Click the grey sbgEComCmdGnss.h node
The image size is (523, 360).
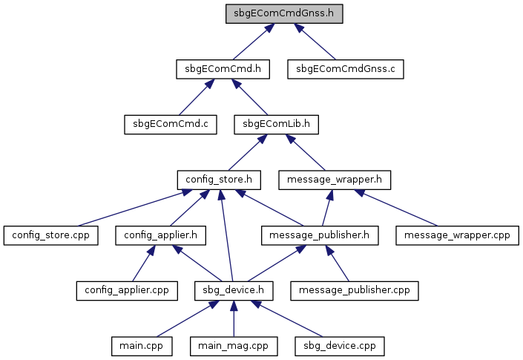[x=284, y=13]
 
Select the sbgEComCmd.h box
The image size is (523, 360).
[x=223, y=69]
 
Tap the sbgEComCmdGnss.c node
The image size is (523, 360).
[x=346, y=69]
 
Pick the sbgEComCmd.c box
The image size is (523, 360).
[x=171, y=125]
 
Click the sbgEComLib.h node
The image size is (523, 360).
[x=276, y=125]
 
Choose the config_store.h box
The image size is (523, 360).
[x=219, y=180]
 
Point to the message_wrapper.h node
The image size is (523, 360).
[x=335, y=180]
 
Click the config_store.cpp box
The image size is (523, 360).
[x=50, y=235]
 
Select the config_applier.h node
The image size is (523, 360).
[x=160, y=235]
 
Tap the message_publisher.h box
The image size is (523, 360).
[x=320, y=235]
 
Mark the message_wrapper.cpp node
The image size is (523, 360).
[x=457, y=235]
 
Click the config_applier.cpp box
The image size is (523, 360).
[x=127, y=291]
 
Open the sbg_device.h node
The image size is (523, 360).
[x=234, y=291]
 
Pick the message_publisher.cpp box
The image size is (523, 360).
[x=354, y=291]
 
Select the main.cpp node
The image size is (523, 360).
[x=142, y=346]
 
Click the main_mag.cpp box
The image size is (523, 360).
[x=234, y=346]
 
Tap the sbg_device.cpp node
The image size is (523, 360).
[x=340, y=346]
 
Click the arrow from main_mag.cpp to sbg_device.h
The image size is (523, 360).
[x=234, y=318]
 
